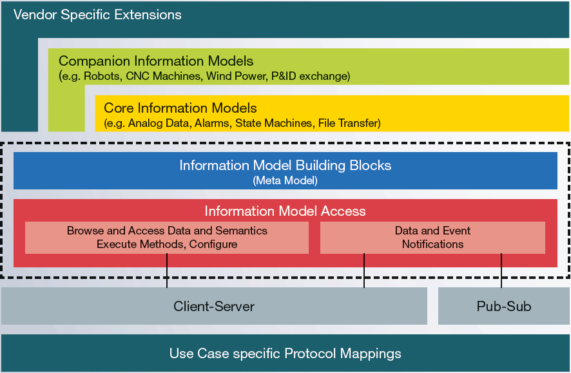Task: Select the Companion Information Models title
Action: click(155, 61)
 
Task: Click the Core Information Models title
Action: click(180, 108)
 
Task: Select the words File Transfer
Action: click(349, 122)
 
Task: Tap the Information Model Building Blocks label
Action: click(285, 165)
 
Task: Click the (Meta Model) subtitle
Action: click(285, 181)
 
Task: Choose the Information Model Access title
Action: click(285, 211)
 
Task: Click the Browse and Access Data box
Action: click(167, 238)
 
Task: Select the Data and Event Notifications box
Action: click(432, 238)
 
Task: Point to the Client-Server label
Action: click(214, 307)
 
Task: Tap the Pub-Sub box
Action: click(504, 307)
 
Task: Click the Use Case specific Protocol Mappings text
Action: click(285, 354)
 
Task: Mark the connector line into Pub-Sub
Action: click(501, 271)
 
